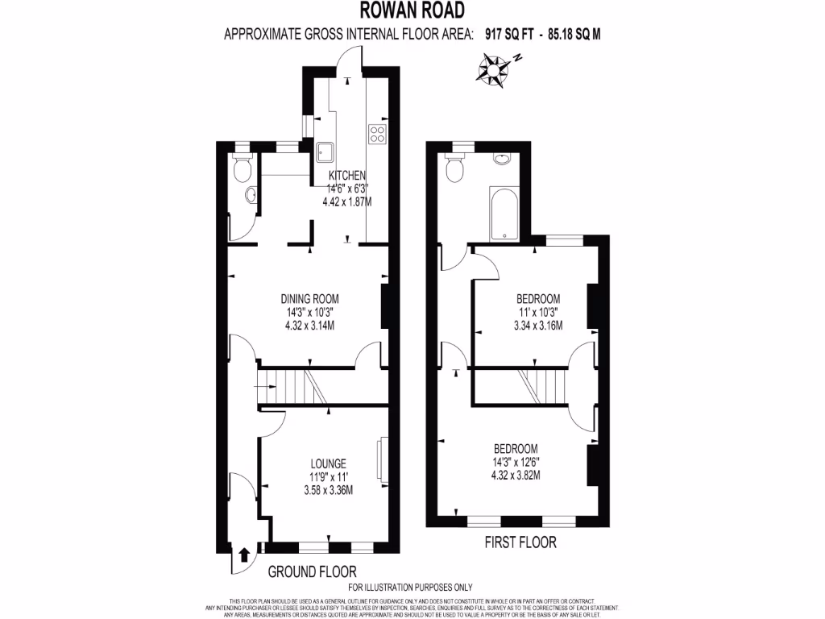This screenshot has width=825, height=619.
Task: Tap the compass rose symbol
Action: tap(491, 69)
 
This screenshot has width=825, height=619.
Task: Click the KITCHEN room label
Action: tap(347, 176)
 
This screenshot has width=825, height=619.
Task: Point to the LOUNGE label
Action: tap(329, 463)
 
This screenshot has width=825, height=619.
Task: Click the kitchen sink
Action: tap(325, 151)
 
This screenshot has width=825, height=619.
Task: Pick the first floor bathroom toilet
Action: tap(454, 168)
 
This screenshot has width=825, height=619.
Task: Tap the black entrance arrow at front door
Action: tap(243, 555)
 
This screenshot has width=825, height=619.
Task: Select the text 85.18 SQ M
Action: tap(574, 34)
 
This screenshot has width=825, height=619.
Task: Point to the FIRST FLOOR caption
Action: tap(520, 542)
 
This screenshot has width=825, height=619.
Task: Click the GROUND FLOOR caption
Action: tap(312, 571)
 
